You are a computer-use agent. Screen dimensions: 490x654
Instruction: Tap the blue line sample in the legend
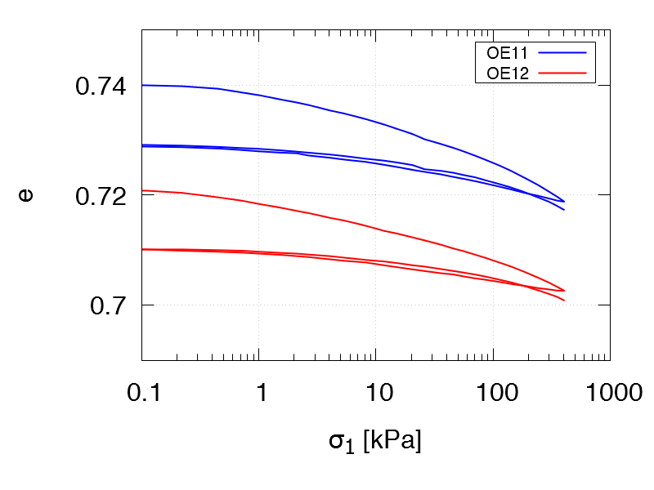(x=563, y=52)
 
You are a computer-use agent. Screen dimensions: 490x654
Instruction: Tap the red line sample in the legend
(x=563, y=72)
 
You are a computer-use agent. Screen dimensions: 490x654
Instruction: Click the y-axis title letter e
(x=26, y=196)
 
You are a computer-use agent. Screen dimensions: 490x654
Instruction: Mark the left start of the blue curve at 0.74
(x=142, y=85)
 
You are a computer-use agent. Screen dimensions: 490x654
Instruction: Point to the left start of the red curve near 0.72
(x=142, y=190)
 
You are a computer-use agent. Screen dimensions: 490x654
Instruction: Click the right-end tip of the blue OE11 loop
(x=564, y=202)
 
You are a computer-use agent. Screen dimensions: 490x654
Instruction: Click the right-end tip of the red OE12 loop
(x=564, y=291)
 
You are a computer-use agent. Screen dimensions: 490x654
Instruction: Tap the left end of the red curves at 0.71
(x=142, y=249)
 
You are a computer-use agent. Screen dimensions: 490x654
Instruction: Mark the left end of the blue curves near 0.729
(x=142, y=145)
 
